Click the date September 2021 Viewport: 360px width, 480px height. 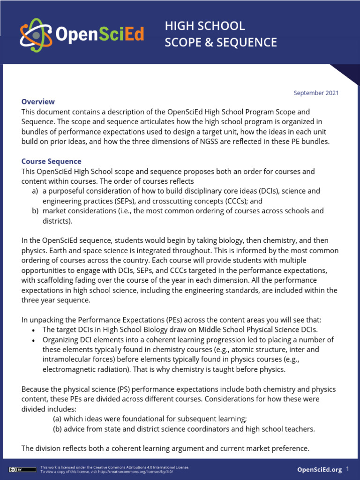pyautogui.click(x=316, y=93)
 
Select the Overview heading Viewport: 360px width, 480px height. pyautogui.click(x=38, y=102)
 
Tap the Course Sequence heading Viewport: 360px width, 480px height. pyautogui.click(x=51, y=161)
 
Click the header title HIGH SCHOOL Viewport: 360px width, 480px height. pyautogui.click(x=205, y=26)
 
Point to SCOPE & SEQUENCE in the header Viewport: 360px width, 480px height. pyautogui.click(x=221, y=43)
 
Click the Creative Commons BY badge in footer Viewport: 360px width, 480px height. pyautogui.click(x=22, y=469)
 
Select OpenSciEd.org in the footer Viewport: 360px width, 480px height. pyautogui.click(x=320, y=470)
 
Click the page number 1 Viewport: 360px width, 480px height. pyautogui.click(x=348, y=469)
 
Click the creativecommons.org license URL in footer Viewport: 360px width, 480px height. pyautogui.click(x=141, y=472)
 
